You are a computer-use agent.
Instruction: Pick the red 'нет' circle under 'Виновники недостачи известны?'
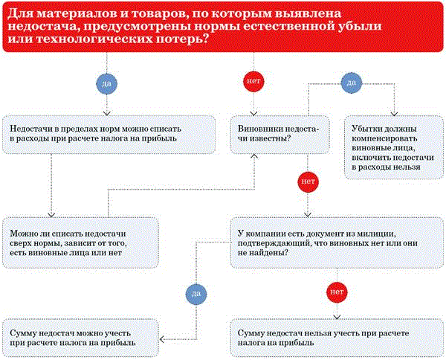pyautogui.click(x=307, y=181)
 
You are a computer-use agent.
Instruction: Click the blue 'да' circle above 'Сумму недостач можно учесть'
pyautogui.click(x=194, y=294)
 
